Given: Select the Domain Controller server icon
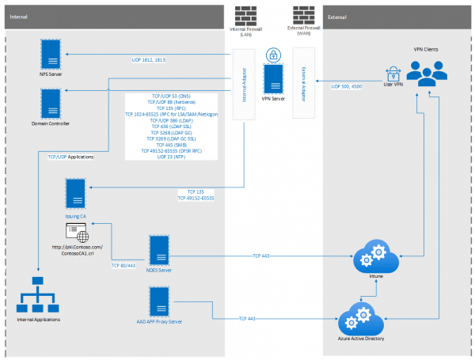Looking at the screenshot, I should tap(52, 102).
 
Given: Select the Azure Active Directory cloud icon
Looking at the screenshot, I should tap(361, 317).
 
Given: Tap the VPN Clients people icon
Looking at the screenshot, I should tap(425, 74).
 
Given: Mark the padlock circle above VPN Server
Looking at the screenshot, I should tap(273, 55).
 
